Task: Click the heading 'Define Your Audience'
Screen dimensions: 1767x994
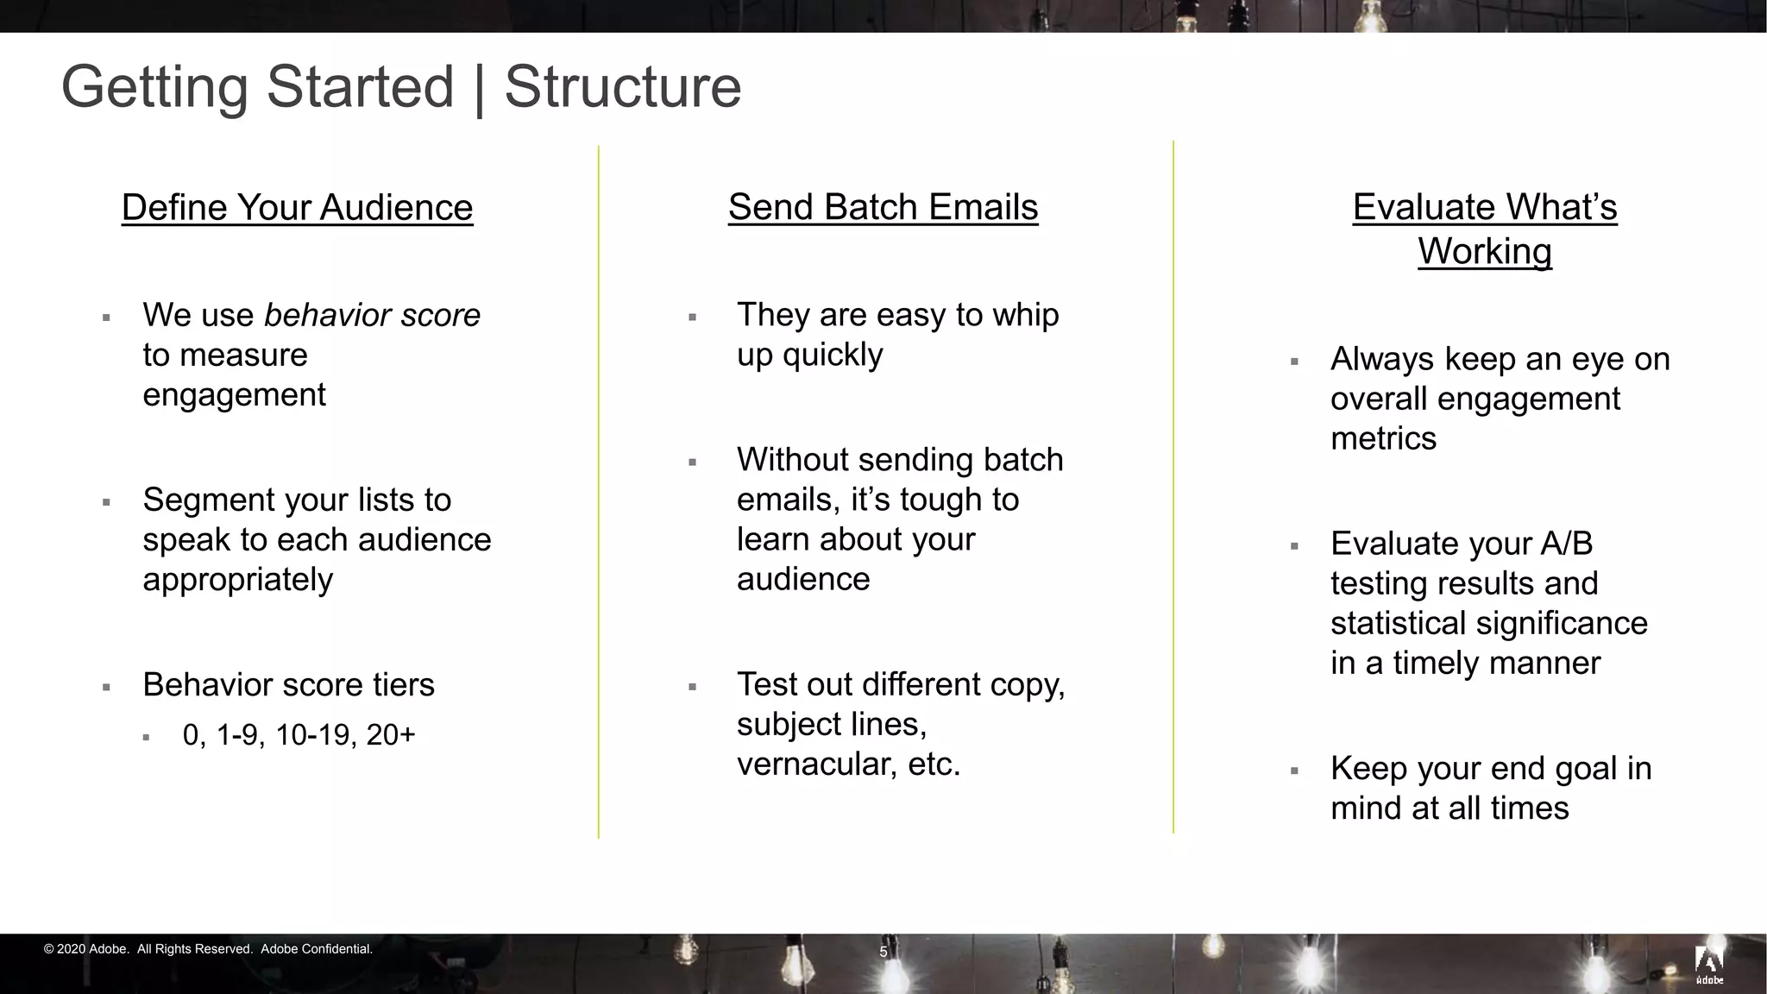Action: (297, 208)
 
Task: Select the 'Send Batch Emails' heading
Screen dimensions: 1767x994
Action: (883, 207)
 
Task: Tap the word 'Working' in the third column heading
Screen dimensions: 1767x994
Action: (1485, 252)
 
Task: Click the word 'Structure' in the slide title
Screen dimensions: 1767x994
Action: (623, 86)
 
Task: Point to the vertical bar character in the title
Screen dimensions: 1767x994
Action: (479, 88)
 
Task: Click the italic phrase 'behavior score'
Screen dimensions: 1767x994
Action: (372, 315)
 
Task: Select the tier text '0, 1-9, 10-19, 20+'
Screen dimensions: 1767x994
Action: (299, 735)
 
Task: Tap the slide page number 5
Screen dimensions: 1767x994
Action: (883, 952)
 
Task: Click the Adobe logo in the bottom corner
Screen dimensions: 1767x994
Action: (1709, 965)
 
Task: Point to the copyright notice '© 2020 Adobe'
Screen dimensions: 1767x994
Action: (86, 949)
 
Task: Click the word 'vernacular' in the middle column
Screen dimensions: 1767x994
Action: (815, 764)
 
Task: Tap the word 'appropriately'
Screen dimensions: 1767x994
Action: (237, 580)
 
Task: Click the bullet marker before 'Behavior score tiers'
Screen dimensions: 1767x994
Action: (106, 688)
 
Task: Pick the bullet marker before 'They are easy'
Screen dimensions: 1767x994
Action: (692, 318)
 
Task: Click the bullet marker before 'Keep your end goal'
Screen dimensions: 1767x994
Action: (1294, 771)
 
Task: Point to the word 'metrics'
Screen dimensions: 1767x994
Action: (1383, 438)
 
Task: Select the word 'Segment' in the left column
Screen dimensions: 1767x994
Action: (207, 500)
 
